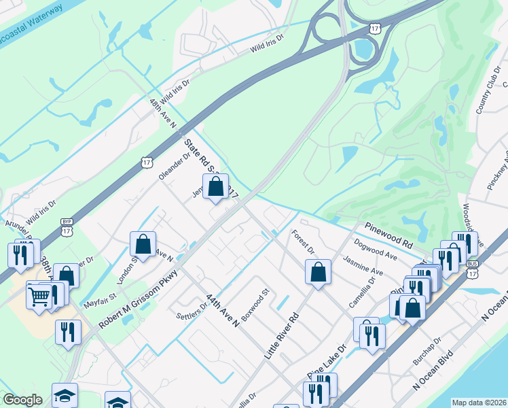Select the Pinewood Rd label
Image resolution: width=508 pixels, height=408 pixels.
(388, 233)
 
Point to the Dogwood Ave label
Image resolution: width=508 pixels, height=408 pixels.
(374, 248)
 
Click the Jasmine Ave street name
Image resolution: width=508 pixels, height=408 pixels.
(363, 266)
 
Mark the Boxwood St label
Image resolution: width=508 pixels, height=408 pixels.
(256, 308)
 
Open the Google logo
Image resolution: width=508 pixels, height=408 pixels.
(23, 399)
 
